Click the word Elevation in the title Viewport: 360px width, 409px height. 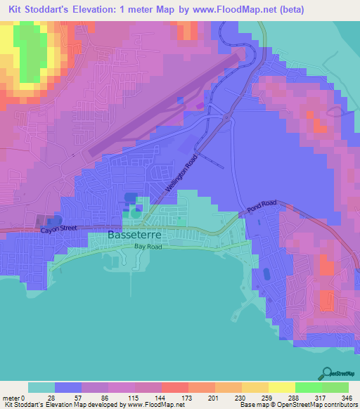pos(100,9)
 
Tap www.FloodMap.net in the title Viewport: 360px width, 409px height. pos(238,9)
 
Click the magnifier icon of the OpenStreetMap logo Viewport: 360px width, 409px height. pos(327,373)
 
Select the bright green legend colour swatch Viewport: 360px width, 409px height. pos(308,387)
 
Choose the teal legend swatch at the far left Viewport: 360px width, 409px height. pos(41,387)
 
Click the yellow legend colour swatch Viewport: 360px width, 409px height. pos(281,387)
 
